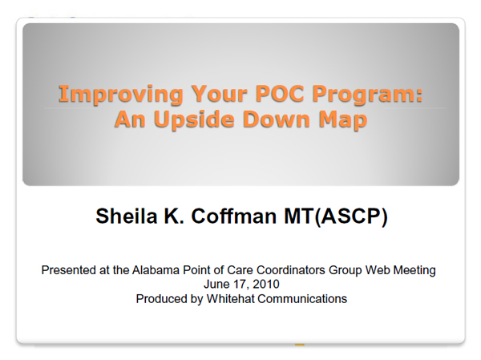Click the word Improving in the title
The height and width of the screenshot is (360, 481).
(x=121, y=95)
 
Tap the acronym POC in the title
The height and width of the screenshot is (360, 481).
(x=280, y=93)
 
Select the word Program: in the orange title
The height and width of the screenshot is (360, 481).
(x=367, y=95)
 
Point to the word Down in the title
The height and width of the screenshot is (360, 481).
(x=276, y=119)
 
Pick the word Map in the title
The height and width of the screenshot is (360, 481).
(x=342, y=119)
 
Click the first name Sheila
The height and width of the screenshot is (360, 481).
(x=127, y=216)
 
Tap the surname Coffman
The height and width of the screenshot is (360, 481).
(x=234, y=216)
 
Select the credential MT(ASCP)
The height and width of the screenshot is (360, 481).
(x=336, y=216)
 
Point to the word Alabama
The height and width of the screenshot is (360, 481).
(x=156, y=270)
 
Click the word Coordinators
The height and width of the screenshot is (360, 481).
(x=291, y=270)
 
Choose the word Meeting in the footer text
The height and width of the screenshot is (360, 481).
(x=414, y=271)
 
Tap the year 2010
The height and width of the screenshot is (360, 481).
(x=266, y=284)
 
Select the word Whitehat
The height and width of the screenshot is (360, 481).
(x=230, y=298)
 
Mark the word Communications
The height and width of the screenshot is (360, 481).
(x=302, y=298)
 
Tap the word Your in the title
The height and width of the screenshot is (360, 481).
(x=219, y=93)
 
